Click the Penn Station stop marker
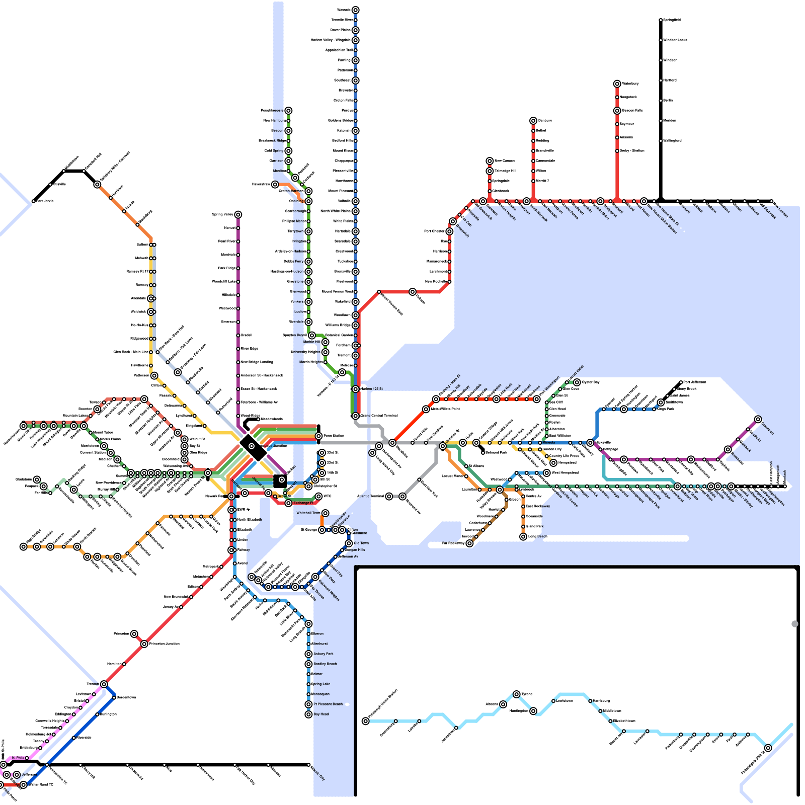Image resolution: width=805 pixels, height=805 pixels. click(318, 436)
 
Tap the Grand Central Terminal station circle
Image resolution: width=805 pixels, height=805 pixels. click(356, 416)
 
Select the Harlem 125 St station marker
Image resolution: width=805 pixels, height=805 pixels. click(356, 389)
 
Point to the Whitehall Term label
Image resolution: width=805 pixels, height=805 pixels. click(308, 513)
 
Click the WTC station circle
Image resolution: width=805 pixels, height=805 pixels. click(318, 497)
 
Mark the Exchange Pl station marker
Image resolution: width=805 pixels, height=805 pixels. click(288, 503)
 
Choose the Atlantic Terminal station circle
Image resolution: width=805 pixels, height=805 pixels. click(389, 497)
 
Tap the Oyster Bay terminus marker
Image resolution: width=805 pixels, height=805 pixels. click(577, 382)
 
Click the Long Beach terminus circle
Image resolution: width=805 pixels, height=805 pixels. click(523, 537)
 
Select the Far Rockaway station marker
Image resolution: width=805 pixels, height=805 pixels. click(469, 543)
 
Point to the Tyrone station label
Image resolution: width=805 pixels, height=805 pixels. click(527, 694)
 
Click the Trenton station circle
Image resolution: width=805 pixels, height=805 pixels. click(104, 684)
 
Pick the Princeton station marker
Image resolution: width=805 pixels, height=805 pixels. click(134, 634)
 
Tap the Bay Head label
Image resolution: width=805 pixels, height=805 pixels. click(321, 714)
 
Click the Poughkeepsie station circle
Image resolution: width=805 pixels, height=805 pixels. click(288, 111)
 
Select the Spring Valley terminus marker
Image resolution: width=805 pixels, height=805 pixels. click(238, 215)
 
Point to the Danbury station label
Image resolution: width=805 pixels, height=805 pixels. click(545, 121)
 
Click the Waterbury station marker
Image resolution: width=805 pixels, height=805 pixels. click(617, 84)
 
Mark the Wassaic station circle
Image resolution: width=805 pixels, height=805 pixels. click(356, 10)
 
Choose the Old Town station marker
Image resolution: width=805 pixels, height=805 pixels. click(349, 543)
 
